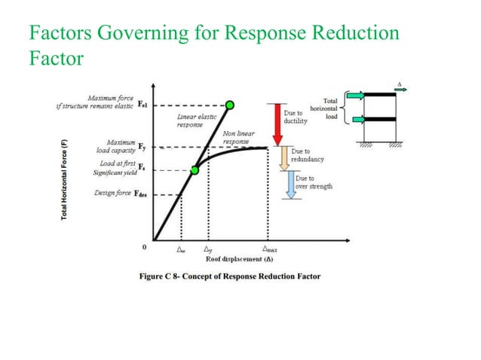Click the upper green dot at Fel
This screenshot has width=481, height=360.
click(x=230, y=105)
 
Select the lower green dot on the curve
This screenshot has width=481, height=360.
click(x=194, y=170)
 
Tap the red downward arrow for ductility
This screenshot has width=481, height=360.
click(x=276, y=124)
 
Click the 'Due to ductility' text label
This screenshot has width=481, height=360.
click(x=295, y=117)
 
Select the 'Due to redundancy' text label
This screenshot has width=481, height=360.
click(x=308, y=155)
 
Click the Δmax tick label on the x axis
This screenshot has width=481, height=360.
click(x=268, y=248)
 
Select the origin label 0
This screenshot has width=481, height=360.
click(x=143, y=246)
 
